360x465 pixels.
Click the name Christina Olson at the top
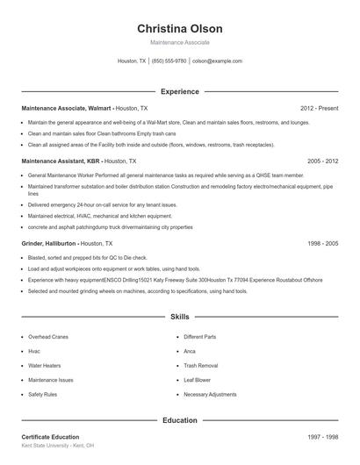point(179,28)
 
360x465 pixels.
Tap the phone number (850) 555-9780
point(169,61)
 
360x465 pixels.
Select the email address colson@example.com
point(217,61)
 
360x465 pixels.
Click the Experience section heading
point(179,91)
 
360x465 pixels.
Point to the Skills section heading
point(179,316)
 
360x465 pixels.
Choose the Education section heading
point(179,420)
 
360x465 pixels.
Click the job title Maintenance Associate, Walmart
point(67,108)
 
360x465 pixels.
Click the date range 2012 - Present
point(319,108)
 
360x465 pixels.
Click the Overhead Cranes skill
point(47,336)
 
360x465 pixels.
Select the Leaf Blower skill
point(198,380)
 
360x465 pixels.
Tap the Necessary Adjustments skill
point(210,395)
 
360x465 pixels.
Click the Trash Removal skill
point(201,365)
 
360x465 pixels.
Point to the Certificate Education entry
point(50,437)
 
